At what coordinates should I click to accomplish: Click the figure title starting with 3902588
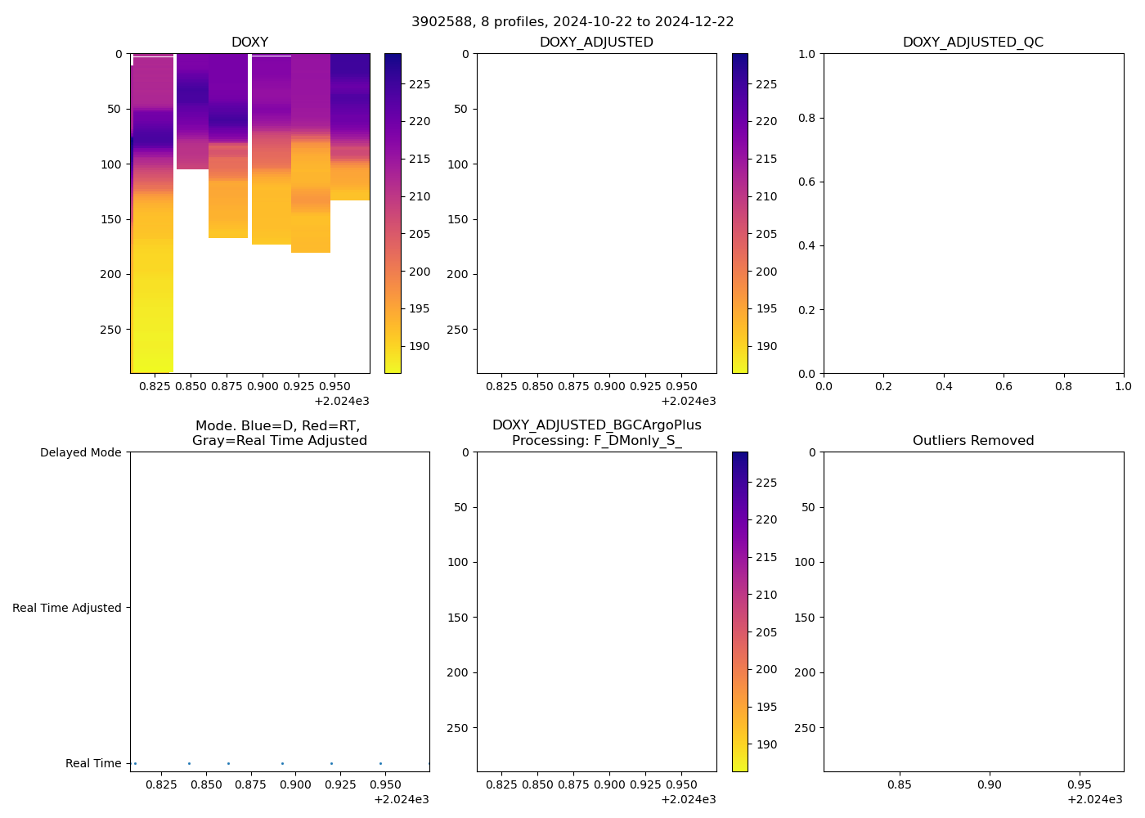click(x=572, y=22)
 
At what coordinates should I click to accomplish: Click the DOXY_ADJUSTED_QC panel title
click(x=972, y=43)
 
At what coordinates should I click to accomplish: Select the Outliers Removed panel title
click(x=972, y=441)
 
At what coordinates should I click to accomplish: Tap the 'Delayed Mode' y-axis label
click(x=80, y=452)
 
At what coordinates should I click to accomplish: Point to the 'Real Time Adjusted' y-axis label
click(x=67, y=608)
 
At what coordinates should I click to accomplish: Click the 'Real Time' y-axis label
click(x=93, y=763)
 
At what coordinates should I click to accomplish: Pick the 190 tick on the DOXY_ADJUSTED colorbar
click(x=766, y=346)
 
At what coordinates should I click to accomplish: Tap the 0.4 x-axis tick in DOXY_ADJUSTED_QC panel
click(x=944, y=385)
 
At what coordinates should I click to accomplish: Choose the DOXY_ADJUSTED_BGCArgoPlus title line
click(x=596, y=425)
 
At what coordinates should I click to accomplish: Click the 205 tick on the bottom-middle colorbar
click(x=766, y=632)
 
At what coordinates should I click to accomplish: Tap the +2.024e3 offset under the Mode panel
click(x=401, y=799)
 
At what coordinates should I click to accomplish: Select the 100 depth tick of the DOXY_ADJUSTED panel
click(x=458, y=164)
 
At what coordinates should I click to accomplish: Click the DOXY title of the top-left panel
click(x=249, y=43)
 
